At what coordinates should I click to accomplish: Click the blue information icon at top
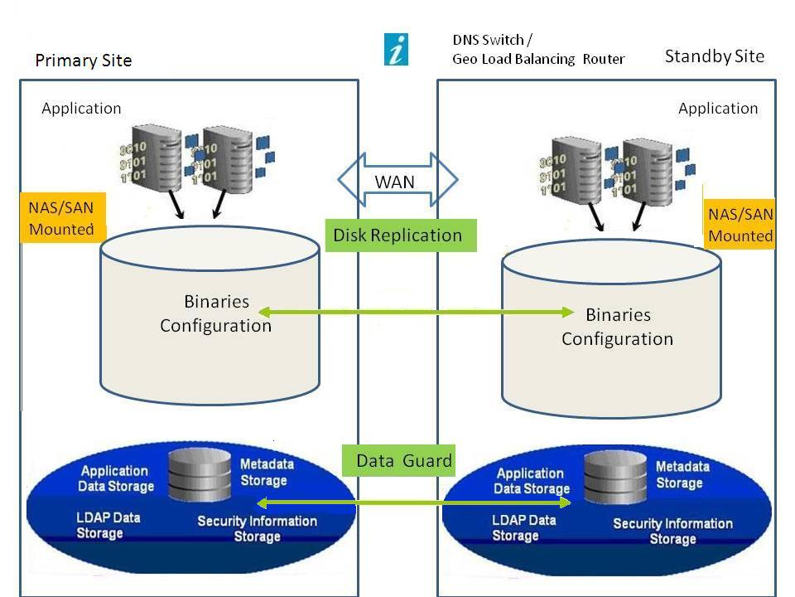397,50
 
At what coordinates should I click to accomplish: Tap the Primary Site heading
83,61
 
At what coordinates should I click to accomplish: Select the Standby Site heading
714,56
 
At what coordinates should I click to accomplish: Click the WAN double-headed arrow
397,180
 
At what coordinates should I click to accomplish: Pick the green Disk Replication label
398,235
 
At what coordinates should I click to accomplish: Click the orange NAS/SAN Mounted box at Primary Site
61,219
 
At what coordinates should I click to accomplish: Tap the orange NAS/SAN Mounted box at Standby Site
740,225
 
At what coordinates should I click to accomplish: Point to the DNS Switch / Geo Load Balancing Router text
538,50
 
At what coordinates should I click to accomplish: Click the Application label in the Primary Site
81,108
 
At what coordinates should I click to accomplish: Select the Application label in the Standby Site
717,108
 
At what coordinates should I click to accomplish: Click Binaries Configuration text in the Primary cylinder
215,313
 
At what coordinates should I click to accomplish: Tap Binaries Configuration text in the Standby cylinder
617,327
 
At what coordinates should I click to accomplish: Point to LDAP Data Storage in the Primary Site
108,525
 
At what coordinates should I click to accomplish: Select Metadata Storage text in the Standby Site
682,474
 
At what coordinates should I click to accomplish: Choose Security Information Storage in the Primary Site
257,528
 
